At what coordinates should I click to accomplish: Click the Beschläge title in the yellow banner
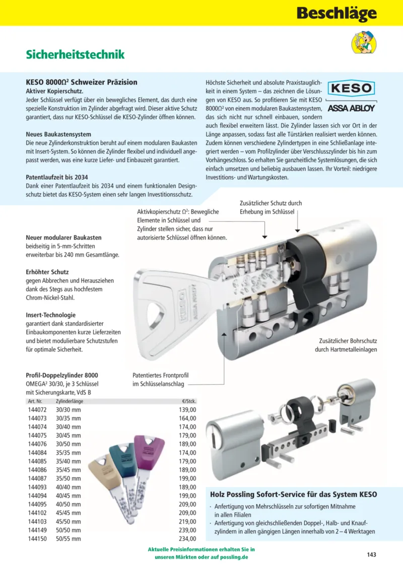336,13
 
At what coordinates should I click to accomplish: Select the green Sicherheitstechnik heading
75,54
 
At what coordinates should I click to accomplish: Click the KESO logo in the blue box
352,89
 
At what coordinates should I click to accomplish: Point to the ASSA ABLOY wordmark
351,108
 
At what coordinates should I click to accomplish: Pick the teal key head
122,454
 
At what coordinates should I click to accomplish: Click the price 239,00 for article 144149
188,530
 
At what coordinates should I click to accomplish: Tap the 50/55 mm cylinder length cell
68,539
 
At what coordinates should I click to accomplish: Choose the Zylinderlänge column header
70,402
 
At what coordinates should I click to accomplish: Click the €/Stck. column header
188,402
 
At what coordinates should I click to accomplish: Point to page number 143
371,554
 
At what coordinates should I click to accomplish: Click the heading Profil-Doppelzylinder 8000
62,375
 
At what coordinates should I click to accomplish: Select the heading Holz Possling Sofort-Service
293,495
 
